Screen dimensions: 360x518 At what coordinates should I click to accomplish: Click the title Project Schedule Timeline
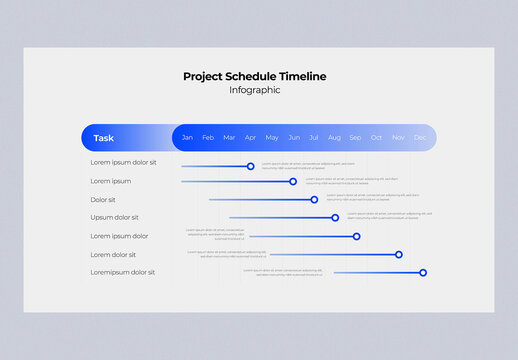[254, 76]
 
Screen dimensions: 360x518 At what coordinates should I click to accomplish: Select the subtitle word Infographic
[254, 90]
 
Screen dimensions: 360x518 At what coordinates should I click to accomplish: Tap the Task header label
[103, 138]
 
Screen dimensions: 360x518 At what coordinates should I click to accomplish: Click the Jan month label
[187, 137]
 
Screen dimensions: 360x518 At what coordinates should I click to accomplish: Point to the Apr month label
[250, 137]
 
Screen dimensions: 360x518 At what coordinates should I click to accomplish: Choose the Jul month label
[314, 137]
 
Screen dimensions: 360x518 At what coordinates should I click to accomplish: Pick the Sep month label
[355, 137]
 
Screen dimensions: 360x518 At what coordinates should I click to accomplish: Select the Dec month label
[420, 137]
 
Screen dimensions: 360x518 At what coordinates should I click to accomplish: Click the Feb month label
[208, 137]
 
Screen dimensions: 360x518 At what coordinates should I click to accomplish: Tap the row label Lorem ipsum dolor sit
[123, 162]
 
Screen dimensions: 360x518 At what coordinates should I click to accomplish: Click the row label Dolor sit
[103, 199]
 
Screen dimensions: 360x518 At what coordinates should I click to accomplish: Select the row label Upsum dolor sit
[114, 217]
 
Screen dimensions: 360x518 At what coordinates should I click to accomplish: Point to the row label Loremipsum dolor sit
[122, 272]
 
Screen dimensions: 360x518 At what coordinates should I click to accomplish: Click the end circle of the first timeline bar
[251, 166]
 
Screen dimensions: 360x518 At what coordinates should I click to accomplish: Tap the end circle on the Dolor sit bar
[314, 199]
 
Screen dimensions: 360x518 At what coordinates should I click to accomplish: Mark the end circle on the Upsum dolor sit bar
[335, 217]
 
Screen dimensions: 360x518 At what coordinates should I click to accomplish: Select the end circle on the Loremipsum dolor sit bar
[423, 272]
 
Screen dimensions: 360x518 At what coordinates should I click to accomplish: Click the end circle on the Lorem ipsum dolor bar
[356, 236]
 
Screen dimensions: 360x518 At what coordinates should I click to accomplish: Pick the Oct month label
[376, 137]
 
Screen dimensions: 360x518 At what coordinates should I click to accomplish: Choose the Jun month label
[294, 137]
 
